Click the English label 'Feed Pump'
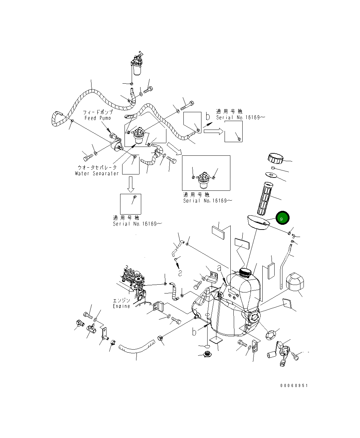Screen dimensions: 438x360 pyautogui.click(x=98, y=118)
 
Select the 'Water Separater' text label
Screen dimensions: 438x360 pyautogui.click(x=97, y=173)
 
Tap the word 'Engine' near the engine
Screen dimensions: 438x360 pyautogui.click(x=121, y=306)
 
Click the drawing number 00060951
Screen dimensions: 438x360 pyautogui.click(x=294, y=386)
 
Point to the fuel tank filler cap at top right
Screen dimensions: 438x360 pyautogui.click(x=275, y=158)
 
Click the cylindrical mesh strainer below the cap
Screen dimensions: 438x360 pyautogui.click(x=266, y=199)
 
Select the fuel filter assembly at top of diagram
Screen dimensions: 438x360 pyautogui.click(x=137, y=65)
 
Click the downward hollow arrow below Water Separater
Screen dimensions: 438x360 pyautogui.click(x=130, y=184)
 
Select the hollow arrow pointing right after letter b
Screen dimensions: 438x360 pyautogui.click(x=213, y=131)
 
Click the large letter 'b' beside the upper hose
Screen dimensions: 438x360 pyautogui.click(x=207, y=117)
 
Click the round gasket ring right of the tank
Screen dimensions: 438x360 pyautogui.click(x=271, y=335)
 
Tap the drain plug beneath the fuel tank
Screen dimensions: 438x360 pyautogui.click(x=207, y=355)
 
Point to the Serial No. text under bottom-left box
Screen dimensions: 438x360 pyautogui.click(x=137, y=224)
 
